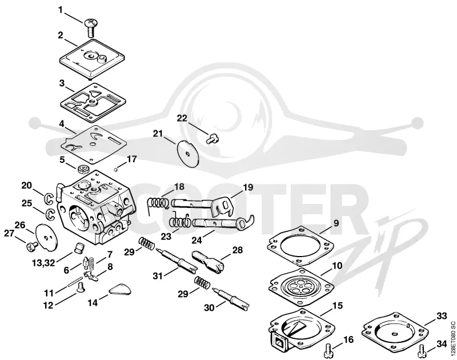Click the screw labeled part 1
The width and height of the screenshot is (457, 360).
pyautogui.click(x=91, y=27)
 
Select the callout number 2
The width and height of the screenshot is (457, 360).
pyautogui.click(x=61, y=35)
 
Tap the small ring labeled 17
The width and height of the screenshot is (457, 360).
pyautogui.click(x=115, y=168)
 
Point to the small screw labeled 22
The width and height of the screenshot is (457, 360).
pyautogui.click(x=213, y=138)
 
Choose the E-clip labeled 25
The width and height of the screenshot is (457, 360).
pyautogui.click(x=50, y=214)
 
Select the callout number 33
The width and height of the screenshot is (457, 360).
pyautogui.click(x=441, y=315)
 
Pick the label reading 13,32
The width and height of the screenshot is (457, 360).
pyautogui.click(x=43, y=263)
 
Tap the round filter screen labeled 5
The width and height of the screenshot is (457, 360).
pyautogui.click(x=83, y=169)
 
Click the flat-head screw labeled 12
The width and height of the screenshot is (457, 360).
pyautogui.click(x=79, y=287)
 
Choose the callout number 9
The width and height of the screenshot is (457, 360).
pyautogui.click(x=336, y=223)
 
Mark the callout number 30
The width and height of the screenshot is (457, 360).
pyautogui.click(x=209, y=308)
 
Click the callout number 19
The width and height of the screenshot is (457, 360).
pyautogui.click(x=248, y=187)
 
